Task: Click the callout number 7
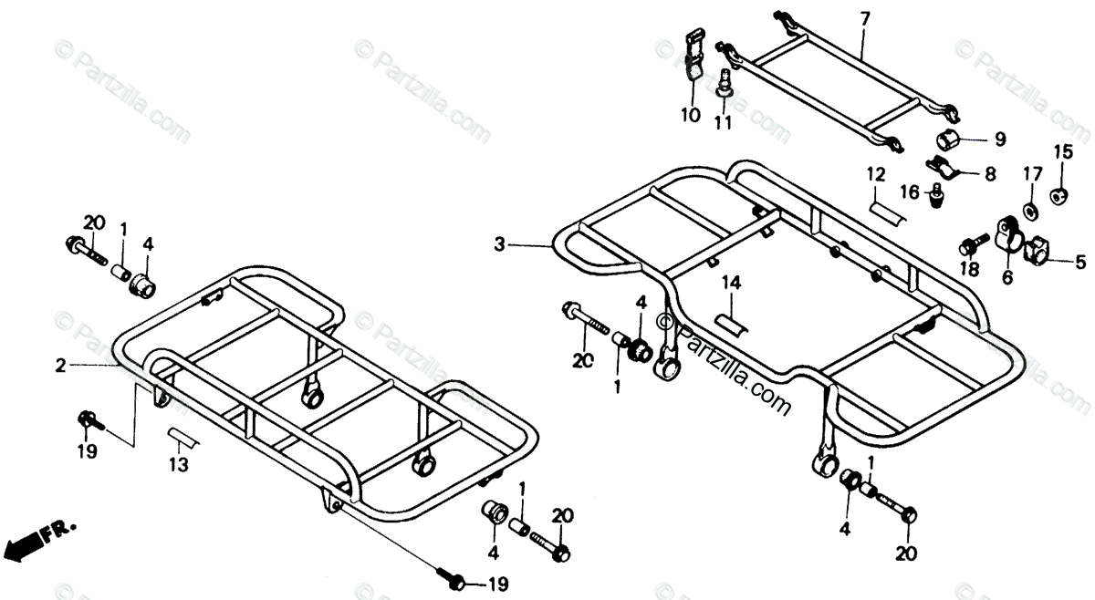point(865,17)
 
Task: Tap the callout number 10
point(689,116)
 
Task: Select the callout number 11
point(723,122)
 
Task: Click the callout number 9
point(999,140)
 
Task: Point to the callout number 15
point(1065,151)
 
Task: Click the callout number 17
point(1031,173)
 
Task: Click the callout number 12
point(876,173)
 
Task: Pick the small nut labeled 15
point(1061,193)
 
